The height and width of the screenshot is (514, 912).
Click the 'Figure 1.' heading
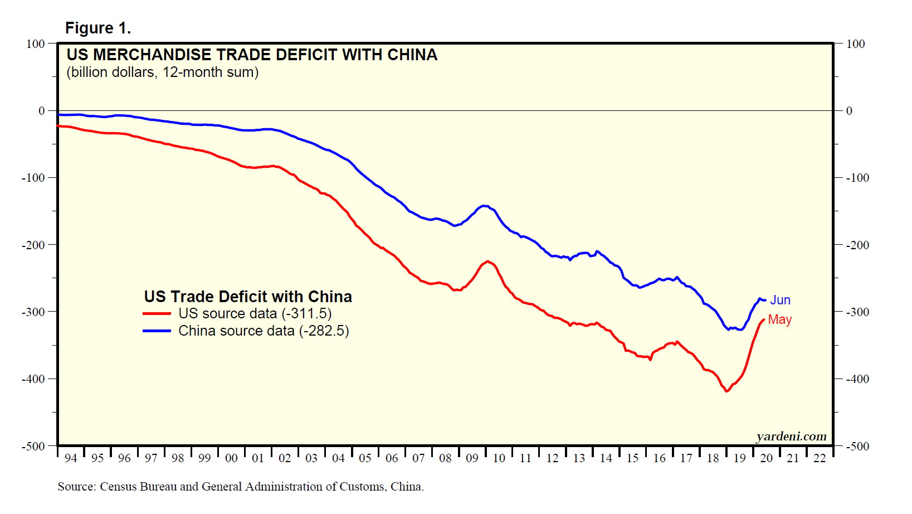click(98, 28)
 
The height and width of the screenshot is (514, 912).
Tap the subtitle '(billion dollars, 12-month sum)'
click(162, 72)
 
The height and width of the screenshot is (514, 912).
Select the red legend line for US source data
click(157, 314)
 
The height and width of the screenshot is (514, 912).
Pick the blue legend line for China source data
click(157, 331)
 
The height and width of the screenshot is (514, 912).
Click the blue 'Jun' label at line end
click(780, 300)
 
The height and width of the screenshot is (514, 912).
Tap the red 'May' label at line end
click(779, 320)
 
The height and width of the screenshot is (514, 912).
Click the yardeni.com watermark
click(791, 437)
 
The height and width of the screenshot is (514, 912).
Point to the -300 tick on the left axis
click(33, 312)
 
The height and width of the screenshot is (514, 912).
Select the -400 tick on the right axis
click(857, 379)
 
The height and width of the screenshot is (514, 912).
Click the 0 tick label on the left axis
click(41, 111)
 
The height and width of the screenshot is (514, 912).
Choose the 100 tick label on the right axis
click(855, 44)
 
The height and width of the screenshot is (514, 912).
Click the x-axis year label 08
click(445, 458)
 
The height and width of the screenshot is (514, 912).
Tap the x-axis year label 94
click(71, 458)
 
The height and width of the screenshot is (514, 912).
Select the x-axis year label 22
click(820, 458)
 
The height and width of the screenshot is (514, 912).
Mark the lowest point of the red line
click(726, 391)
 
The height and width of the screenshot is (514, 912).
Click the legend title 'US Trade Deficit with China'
click(248, 297)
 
